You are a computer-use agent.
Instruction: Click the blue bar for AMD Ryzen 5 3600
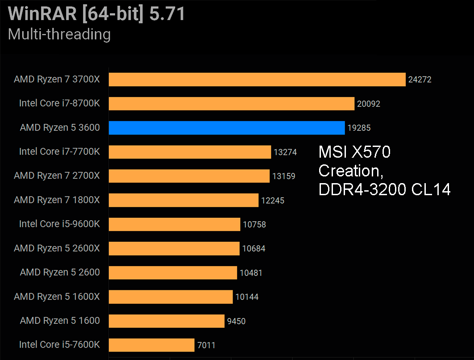click(x=227, y=128)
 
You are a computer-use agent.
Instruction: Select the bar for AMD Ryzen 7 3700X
click(x=257, y=80)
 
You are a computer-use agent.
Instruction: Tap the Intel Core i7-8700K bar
click(x=232, y=104)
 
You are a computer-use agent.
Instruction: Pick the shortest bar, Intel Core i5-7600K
click(x=152, y=345)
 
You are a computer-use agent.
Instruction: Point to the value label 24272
click(x=420, y=80)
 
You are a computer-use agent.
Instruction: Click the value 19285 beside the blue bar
click(x=359, y=128)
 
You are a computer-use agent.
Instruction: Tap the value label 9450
click(x=236, y=321)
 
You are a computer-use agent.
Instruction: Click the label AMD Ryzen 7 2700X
click(x=57, y=176)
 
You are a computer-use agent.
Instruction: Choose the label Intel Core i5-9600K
click(x=59, y=224)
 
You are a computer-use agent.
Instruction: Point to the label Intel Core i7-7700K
click(x=59, y=152)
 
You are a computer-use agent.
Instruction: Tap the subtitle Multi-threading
click(x=59, y=34)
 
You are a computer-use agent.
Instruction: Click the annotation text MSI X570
click(x=354, y=153)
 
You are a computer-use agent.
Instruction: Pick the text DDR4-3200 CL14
click(x=384, y=190)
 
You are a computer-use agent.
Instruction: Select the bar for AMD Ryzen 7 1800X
click(x=183, y=200)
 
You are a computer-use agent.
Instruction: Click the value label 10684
click(x=254, y=249)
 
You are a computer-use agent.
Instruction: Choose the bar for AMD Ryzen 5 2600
click(x=173, y=272)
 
